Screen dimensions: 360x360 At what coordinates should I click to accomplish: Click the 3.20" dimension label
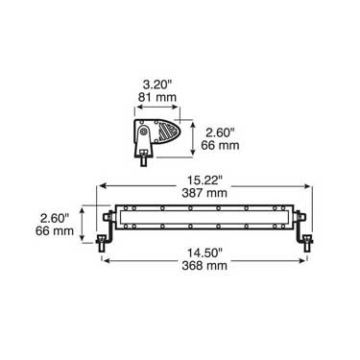pyautogui.click(x=157, y=84)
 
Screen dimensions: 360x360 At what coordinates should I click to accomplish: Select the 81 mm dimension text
pyautogui.click(x=157, y=97)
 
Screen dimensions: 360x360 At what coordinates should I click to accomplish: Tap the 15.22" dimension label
pyautogui.click(x=204, y=180)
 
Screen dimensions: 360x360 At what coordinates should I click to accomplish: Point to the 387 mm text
pyautogui.click(x=204, y=193)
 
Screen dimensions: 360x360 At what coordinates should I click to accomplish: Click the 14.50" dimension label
pyautogui.click(x=204, y=252)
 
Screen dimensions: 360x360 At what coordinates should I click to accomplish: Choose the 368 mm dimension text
pyautogui.click(x=204, y=266)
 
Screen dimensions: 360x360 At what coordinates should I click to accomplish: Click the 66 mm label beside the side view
pyautogui.click(x=220, y=145)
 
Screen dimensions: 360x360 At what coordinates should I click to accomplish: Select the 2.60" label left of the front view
pyautogui.click(x=55, y=218)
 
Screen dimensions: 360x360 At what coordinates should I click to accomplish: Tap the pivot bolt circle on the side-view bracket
pyautogui.click(x=144, y=132)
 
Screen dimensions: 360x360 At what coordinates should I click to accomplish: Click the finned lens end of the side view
pyautogui.click(x=169, y=132)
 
